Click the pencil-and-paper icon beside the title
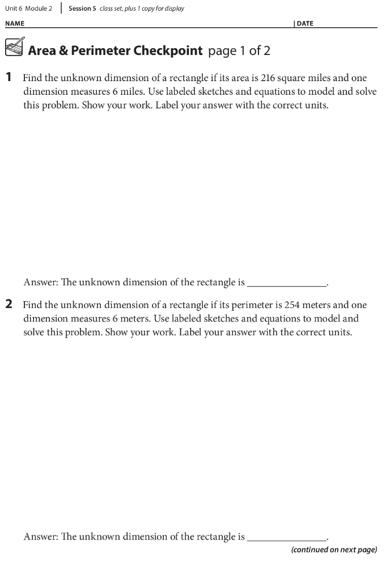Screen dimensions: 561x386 (x=15, y=48)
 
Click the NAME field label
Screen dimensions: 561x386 (x=15, y=24)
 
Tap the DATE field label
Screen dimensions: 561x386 (x=304, y=24)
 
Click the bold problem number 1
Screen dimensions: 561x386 (x=9, y=78)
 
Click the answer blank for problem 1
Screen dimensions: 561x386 (x=287, y=282)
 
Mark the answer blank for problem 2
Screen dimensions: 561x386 (x=287, y=537)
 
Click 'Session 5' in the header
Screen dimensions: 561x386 (x=82, y=9)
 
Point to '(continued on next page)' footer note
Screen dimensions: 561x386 (x=334, y=550)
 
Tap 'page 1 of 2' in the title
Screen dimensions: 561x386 (x=239, y=50)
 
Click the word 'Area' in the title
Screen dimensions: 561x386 (x=43, y=50)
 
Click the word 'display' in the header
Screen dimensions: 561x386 (x=174, y=9)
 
